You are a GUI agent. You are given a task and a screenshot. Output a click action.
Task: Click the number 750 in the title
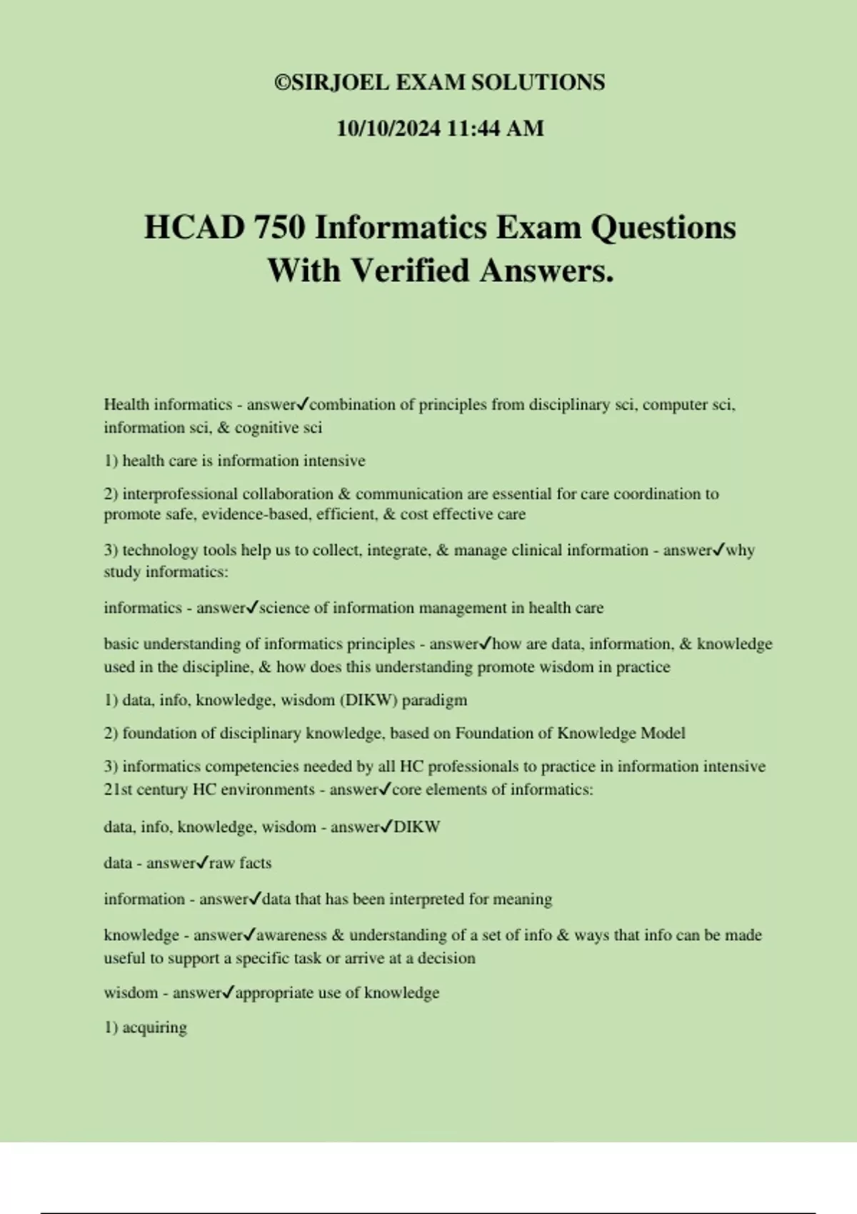click(280, 228)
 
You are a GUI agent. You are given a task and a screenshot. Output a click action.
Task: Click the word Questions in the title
click(663, 228)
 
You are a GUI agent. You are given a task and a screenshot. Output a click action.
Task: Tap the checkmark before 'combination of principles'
click(302, 404)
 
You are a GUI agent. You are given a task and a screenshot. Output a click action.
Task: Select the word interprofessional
click(180, 494)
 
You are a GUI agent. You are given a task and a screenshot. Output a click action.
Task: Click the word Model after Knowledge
click(663, 733)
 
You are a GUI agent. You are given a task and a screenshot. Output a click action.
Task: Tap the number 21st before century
click(118, 790)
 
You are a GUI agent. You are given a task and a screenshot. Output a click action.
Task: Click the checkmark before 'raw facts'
click(202, 863)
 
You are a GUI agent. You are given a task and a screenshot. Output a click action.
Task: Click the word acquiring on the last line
click(154, 1028)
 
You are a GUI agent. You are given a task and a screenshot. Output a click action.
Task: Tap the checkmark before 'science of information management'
click(252, 608)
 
